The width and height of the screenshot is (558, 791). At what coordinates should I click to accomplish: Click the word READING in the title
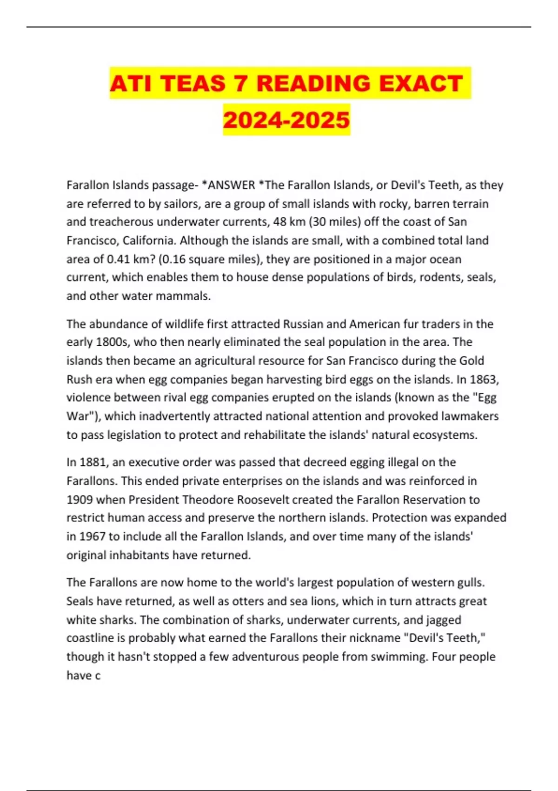pos(314,84)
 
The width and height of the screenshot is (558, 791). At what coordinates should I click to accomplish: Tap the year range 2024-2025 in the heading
pos(286,120)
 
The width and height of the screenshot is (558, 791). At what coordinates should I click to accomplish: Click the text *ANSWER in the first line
pos(228,185)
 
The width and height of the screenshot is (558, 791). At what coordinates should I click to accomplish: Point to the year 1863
pos(484,379)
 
